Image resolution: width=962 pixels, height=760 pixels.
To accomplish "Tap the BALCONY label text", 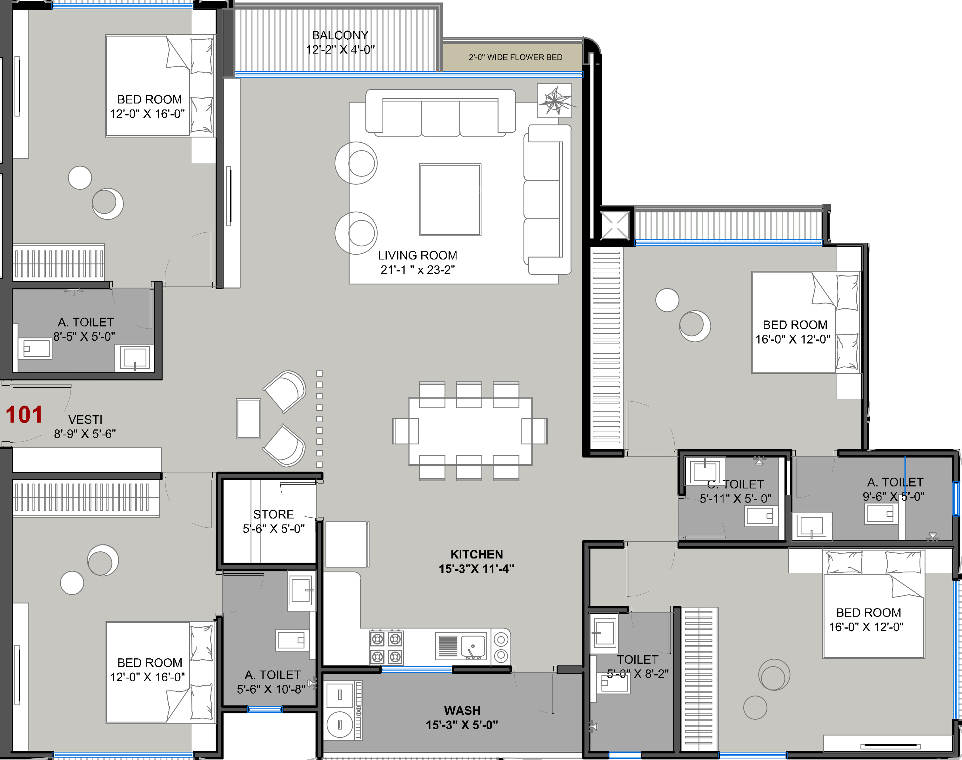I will coord(340,35).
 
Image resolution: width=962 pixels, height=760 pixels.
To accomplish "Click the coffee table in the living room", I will coord(450,200).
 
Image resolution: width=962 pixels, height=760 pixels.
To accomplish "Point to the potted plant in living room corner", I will coord(554,101).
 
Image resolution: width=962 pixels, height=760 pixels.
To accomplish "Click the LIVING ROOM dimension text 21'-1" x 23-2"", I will coord(418,270).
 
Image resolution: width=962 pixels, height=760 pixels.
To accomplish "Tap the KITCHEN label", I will coord(477,554).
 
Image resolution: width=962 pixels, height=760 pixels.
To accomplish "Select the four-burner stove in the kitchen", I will coord(386,648).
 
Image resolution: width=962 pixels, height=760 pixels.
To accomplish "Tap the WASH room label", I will coord(462,710).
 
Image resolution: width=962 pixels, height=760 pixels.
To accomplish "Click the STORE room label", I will coord(273,514).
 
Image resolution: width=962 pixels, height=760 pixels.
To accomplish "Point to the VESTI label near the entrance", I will coord(85,420).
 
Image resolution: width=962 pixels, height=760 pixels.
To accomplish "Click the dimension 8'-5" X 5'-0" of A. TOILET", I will coord(84,337).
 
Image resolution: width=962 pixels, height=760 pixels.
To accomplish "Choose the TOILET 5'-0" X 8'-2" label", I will coord(637,666).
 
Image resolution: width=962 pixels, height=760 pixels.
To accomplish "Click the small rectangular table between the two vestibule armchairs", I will coord(248,419).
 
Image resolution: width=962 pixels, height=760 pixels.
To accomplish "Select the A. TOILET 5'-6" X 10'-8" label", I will coord(272,682).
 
